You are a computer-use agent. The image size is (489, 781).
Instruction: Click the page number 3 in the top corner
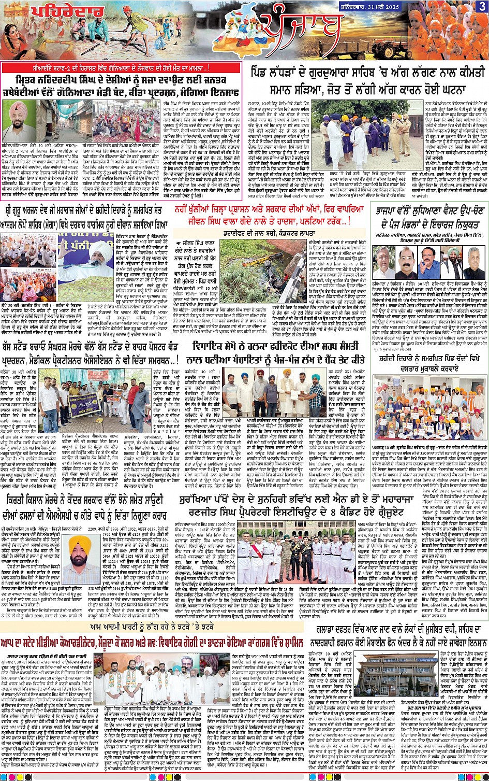click(482, 7)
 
